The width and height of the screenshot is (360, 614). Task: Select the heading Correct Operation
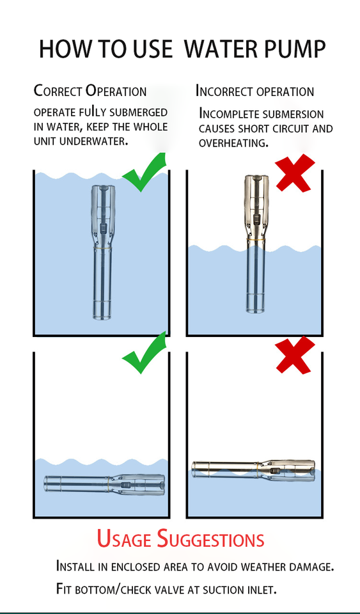pos(90,91)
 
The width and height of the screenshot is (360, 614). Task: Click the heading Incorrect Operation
pos(254,91)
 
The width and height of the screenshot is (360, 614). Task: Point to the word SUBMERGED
pos(138,113)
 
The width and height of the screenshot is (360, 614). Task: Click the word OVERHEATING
pos(233,143)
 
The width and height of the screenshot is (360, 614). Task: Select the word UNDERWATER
pos(94,141)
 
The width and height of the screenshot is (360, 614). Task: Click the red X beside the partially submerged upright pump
pos(295,173)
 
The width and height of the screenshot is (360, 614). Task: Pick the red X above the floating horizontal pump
pos(295,355)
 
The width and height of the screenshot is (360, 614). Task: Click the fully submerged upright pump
pos(103,252)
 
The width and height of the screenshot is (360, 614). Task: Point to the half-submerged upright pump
pos(256,244)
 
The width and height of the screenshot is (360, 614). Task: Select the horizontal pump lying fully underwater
pos(104,484)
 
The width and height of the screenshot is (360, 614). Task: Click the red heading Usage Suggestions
pos(180,539)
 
